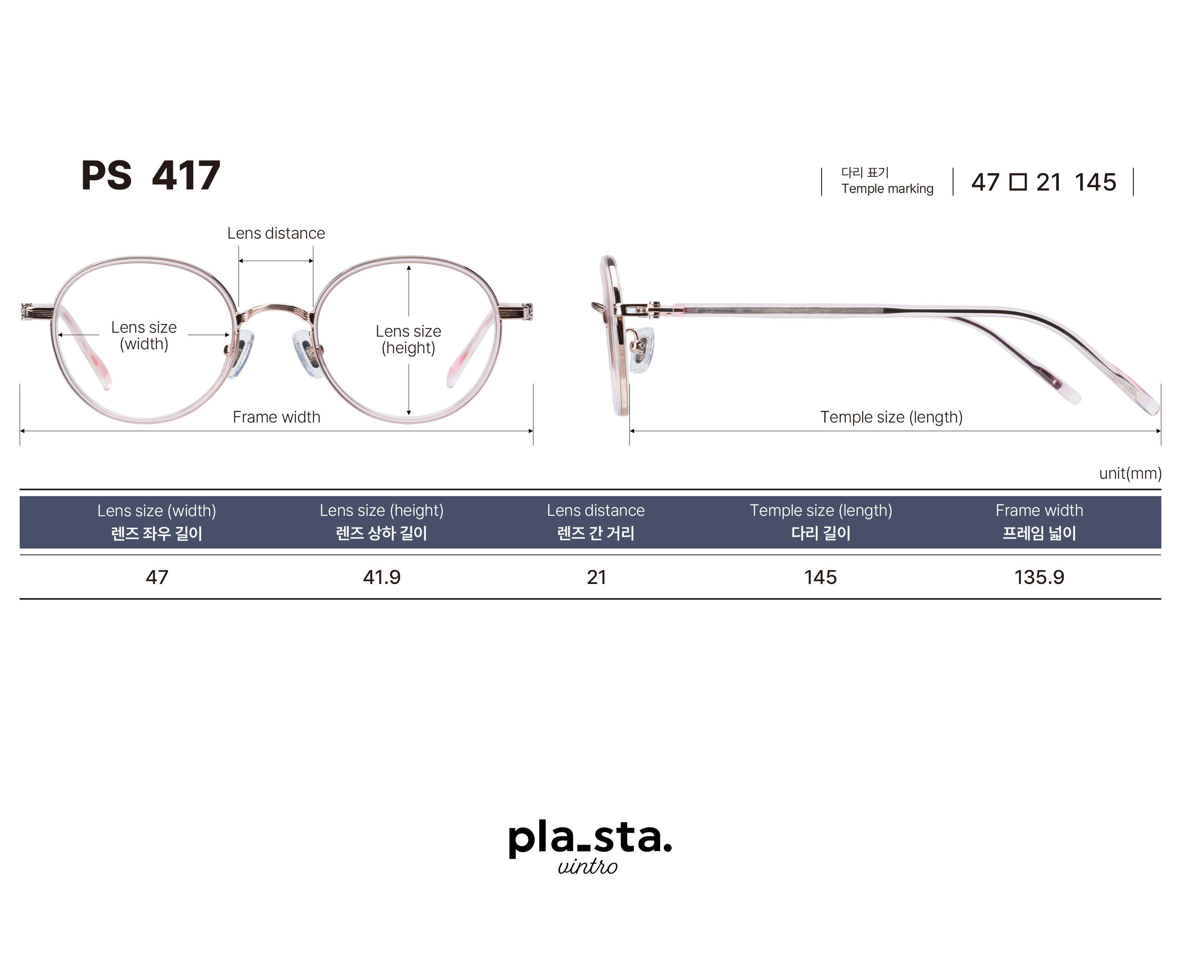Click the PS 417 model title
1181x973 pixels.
(x=151, y=176)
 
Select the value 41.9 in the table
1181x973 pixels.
(x=381, y=577)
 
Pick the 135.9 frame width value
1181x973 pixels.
(x=1039, y=577)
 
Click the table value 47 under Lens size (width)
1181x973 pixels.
(x=157, y=577)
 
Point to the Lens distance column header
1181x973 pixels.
(x=596, y=522)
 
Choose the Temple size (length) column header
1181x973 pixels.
(x=821, y=522)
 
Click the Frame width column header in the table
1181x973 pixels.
(x=1039, y=522)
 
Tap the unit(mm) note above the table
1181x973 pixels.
(x=1130, y=474)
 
